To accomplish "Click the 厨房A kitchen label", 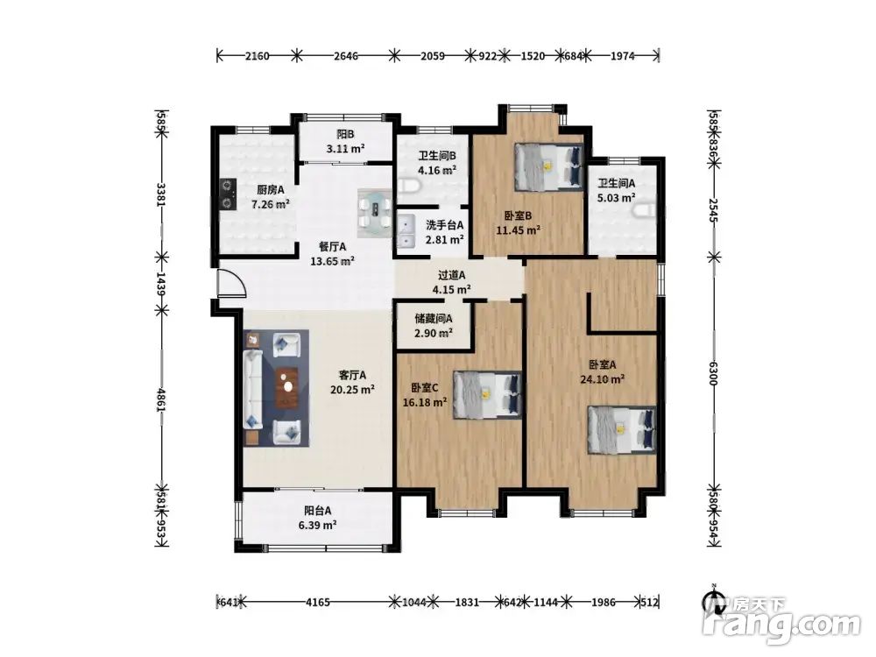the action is pos(271,190).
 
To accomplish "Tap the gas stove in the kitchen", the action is pos(227,194).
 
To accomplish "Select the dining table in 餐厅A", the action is pos(375,213).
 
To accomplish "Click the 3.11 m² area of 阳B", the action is pos(345,149).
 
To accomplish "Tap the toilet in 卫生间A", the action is pos(646,210).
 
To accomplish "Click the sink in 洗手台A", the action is pos(405,231).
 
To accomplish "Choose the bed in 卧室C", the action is pos(487,394).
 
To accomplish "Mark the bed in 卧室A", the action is pos(621,429).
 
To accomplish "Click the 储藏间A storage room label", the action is pos(434,319).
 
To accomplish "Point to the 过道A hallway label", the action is pos(451,275).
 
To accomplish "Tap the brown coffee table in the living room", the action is pos(287,387).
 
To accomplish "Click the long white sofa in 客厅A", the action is pos(252,390).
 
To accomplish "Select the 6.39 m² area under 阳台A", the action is pos(317,525).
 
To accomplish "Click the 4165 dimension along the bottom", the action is pos(318,603).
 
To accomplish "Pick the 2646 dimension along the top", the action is pos(346,56).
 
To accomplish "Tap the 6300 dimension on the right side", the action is pos(713,373).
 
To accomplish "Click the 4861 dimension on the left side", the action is pos(162,400).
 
